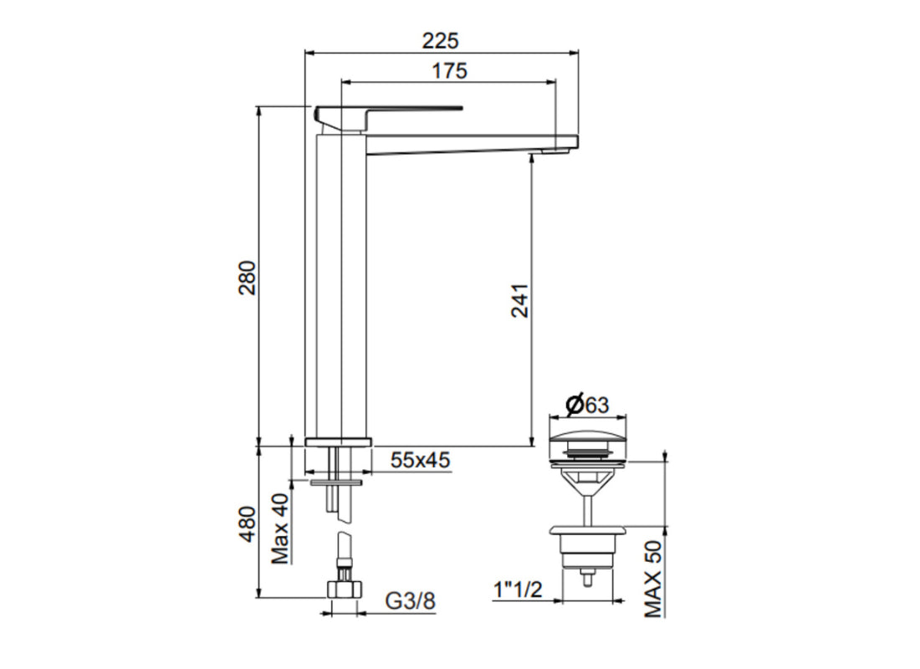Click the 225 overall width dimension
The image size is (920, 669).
pyautogui.click(x=441, y=40)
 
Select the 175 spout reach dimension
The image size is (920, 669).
pyautogui.click(x=449, y=71)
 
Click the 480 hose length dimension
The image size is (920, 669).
pyautogui.click(x=248, y=523)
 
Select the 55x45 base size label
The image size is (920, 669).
pyautogui.click(x=421, y=459)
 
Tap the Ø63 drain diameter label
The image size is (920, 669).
pyautogui.click(x=586, y=406)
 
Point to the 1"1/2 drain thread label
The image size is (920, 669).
pyautogui.click(x=518, y=590)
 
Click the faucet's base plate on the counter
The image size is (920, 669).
pyautogui.click(x=339, y=442)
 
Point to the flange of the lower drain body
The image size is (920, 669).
pyautogui.click(x=589, y=529)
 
